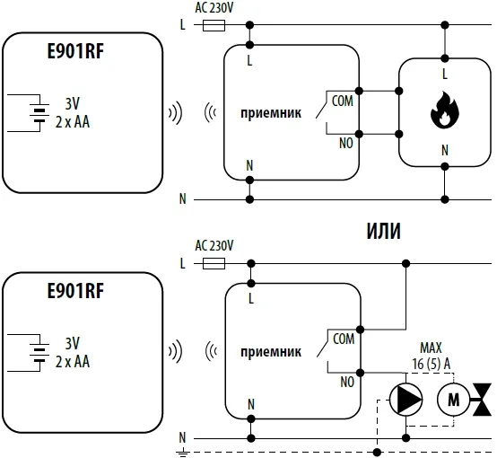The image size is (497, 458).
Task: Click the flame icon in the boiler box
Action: pos(445,110)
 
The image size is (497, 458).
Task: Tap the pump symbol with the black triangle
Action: pos(405,399)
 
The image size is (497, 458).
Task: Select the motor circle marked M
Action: pos(453,399)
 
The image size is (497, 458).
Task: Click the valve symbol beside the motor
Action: pos(482,399)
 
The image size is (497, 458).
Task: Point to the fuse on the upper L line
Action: pos(214,25)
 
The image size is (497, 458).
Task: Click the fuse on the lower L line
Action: pos(214,263)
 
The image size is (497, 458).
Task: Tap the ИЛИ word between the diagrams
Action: pos(384,231)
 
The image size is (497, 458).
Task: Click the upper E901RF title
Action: pos(75,51)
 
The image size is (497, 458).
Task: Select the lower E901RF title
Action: pos(75,291)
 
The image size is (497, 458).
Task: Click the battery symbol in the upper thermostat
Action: pos(39,113)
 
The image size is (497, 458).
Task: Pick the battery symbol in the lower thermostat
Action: pos(39,352)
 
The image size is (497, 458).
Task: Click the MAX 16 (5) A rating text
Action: pos(432,356)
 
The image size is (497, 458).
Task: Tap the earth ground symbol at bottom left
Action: pos(183,453)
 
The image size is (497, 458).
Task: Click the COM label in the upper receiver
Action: pos(343,101)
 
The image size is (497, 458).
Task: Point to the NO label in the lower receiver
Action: pos(347,382)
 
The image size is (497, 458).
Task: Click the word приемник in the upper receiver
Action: pos(271,113)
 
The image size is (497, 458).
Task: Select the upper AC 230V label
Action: pos(214,8)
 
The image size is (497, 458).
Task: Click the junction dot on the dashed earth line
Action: pos(377,452)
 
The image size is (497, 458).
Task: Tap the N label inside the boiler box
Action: pos(445,150)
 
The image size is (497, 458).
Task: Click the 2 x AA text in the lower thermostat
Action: pos(73,362)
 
